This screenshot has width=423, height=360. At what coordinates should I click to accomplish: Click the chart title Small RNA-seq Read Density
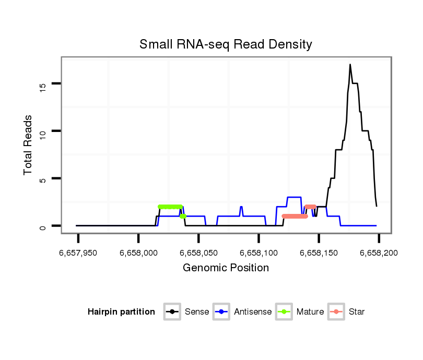click(226, 44)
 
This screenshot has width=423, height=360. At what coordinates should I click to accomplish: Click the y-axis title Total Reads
click(29, 145)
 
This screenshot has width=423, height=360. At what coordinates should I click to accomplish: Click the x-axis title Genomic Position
click(226, 268)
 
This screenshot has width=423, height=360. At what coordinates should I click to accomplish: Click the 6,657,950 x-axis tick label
click(78, 253)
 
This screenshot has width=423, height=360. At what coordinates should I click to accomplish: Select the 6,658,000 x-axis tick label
click(138, 253)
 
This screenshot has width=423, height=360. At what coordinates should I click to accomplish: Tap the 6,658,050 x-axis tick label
click(198, 253)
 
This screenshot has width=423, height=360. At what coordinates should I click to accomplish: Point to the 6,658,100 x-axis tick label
click(258, 253)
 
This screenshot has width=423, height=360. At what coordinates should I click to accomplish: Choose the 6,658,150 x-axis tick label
click(319, 253)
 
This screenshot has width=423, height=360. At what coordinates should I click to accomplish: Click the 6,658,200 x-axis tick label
click(379, 253)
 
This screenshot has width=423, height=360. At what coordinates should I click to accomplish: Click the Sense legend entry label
click(197, 312)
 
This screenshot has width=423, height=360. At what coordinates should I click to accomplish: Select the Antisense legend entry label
click(253, 312)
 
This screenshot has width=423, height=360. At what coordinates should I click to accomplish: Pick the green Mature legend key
click(284, 312)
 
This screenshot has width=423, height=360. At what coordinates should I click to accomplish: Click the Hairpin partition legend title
click(121, 312)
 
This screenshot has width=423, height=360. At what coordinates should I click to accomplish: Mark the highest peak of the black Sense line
click(350, 65)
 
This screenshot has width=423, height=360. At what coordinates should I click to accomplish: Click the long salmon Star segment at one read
click(295, 216)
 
